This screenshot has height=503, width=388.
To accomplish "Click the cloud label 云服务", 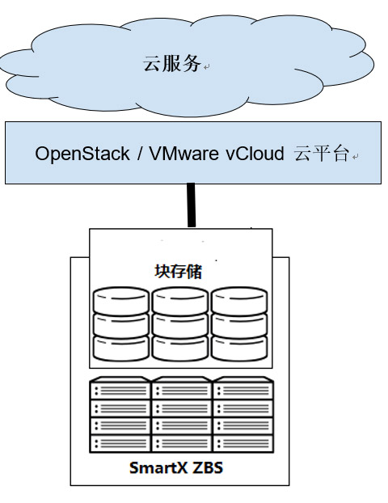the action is (x=172, y=63).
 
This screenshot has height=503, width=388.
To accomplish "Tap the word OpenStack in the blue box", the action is (x=82, y=154).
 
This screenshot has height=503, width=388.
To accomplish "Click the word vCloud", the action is (x=255, y=154).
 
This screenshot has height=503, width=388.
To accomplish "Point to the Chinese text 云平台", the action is (x=321, y=154).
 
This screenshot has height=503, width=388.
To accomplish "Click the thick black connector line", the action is (x=191, y=205).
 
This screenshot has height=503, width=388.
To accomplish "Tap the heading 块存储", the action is (x=179, y=272).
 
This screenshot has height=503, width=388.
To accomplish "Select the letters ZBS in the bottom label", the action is (x=208, y=467).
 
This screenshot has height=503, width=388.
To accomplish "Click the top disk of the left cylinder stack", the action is (x=121, y=301).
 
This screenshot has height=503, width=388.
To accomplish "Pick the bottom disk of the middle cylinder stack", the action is (x=180, y=349).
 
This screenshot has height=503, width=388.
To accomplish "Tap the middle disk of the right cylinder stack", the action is (x=239, y=326).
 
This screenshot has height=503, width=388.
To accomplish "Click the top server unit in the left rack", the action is (x=120, y=388).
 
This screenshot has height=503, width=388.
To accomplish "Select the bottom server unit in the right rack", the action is (x=243, y=444).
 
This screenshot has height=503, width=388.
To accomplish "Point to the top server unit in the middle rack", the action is (x=182, y=388).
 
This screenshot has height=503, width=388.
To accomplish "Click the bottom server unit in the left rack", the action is (x=120, y=444).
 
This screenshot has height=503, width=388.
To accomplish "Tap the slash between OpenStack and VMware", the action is (x=139, y=154).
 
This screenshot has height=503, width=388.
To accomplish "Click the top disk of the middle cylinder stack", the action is (x=180, y=301).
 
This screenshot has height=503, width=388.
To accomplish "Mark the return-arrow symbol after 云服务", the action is (x=206, y=67).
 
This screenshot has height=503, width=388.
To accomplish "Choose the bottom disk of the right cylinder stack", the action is (x=239, y=349).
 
